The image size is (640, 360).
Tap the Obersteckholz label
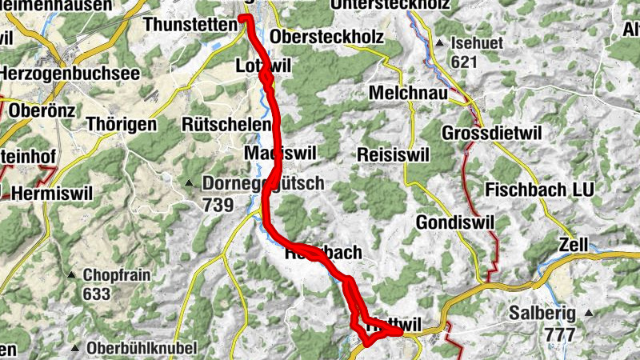pos(328,37)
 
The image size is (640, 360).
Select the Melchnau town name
pos(406,93)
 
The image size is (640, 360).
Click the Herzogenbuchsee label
pos(70,73)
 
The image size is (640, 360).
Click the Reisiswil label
pos(394,153)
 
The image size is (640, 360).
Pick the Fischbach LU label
pos(537,190)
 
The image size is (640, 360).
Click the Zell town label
pos(574,243)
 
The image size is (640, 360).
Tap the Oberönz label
pos(39,110)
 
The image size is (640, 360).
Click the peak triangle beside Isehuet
pos(440,42)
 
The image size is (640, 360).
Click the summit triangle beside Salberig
pos(590,312)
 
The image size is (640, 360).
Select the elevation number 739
pos(218,206)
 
